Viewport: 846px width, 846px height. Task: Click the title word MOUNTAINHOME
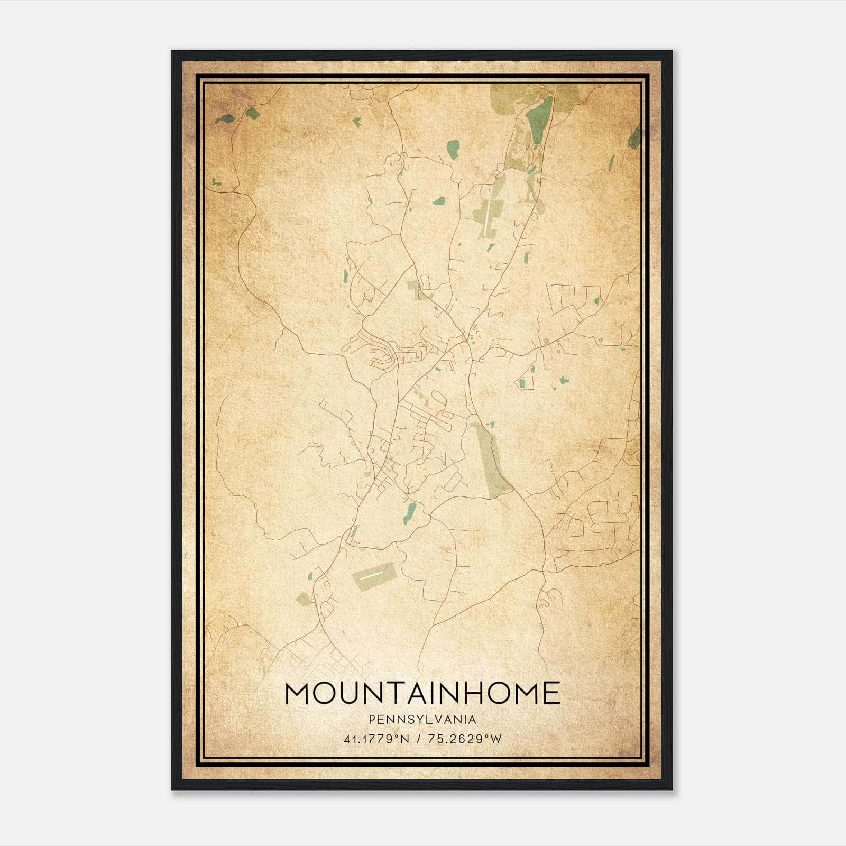[422, 693]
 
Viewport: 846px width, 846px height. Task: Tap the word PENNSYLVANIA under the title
[422, 720]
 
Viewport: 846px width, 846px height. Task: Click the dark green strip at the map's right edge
[635, 136]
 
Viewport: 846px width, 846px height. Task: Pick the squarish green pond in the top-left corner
[252, 113]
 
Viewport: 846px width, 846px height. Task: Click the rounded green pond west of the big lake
[453, 149]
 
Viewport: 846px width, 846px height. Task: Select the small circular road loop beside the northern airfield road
[534, 216]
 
